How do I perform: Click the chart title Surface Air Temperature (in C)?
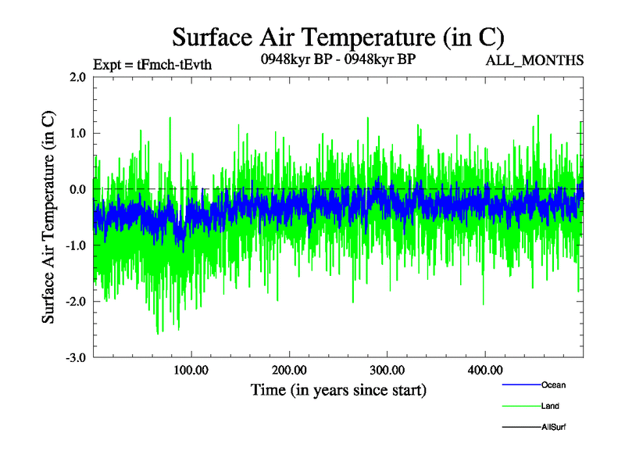337,37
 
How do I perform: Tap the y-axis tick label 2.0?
77,77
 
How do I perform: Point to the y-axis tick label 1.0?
77,134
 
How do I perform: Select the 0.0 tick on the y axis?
77,190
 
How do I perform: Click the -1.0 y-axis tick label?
76,245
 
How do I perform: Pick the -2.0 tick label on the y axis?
76,302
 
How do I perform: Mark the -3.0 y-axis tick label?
76,358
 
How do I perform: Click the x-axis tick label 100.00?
191,370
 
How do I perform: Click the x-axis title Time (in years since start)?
338,389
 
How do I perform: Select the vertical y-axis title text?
48,217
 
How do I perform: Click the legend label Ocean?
553,385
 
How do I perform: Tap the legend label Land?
550,406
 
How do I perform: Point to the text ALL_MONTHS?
534,60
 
